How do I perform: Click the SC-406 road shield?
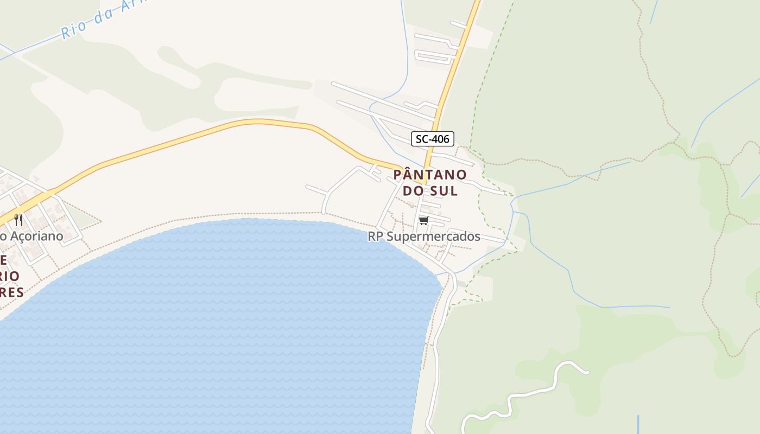point(432,139)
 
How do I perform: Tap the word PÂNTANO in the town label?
point(429,175)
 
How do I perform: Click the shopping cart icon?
point(424,220)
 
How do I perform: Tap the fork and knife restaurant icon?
point(18,220)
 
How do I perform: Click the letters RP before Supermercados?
point(375,237)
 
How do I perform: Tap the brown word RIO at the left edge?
point(10,276)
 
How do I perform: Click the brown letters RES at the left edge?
point(12,292)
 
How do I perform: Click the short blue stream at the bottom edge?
point(638,425)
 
